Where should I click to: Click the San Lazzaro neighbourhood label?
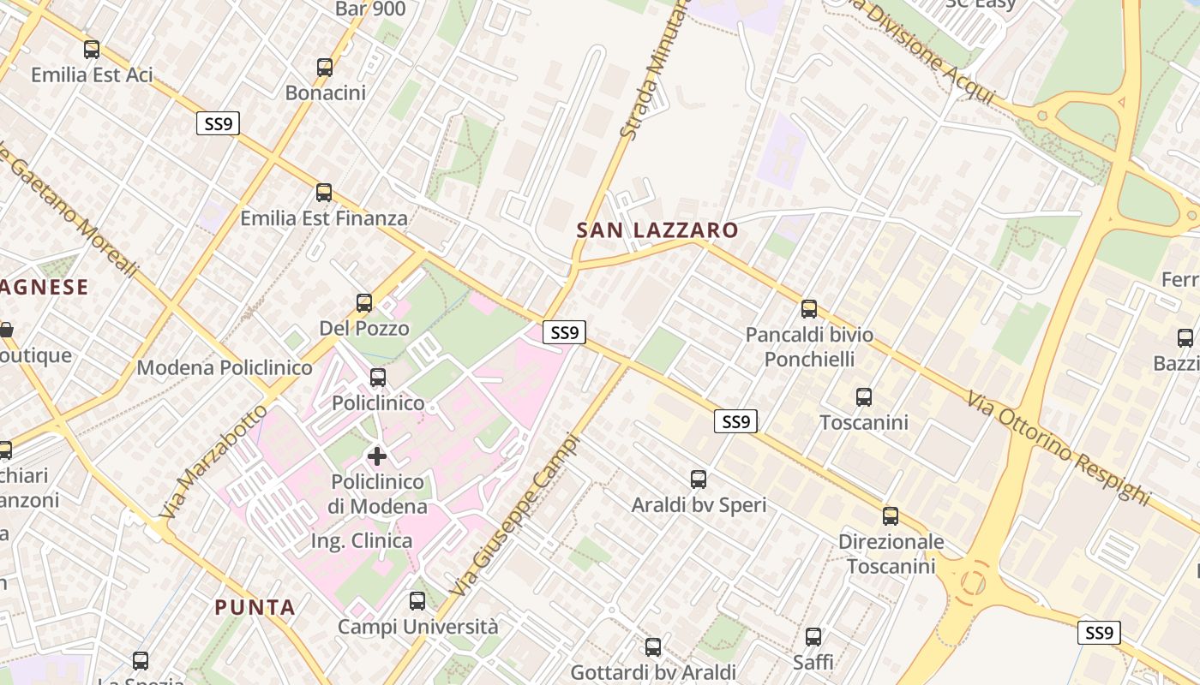click(657, 230)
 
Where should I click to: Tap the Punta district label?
click(255, 608)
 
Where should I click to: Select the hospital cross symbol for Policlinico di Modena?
click(376, 456)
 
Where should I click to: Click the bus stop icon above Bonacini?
click(325, 68)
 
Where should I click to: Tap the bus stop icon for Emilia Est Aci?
click(92, 50)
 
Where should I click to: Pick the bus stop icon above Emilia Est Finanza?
click(324, 193)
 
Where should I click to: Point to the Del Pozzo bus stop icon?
click(364, 302)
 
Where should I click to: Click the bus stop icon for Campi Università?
click(417, 601)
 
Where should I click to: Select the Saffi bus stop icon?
click(813, 637)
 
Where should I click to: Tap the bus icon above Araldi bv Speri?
click(699, 479)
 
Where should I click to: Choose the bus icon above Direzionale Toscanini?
click(891, 516)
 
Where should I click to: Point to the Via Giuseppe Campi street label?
click(515, 516)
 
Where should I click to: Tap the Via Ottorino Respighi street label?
click(1058, 447)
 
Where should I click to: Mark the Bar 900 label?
click(370, 9)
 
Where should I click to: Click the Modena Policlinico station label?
click(225, 368)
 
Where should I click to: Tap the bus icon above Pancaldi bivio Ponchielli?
click(809, 309)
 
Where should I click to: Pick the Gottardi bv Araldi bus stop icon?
click(653, 647)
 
